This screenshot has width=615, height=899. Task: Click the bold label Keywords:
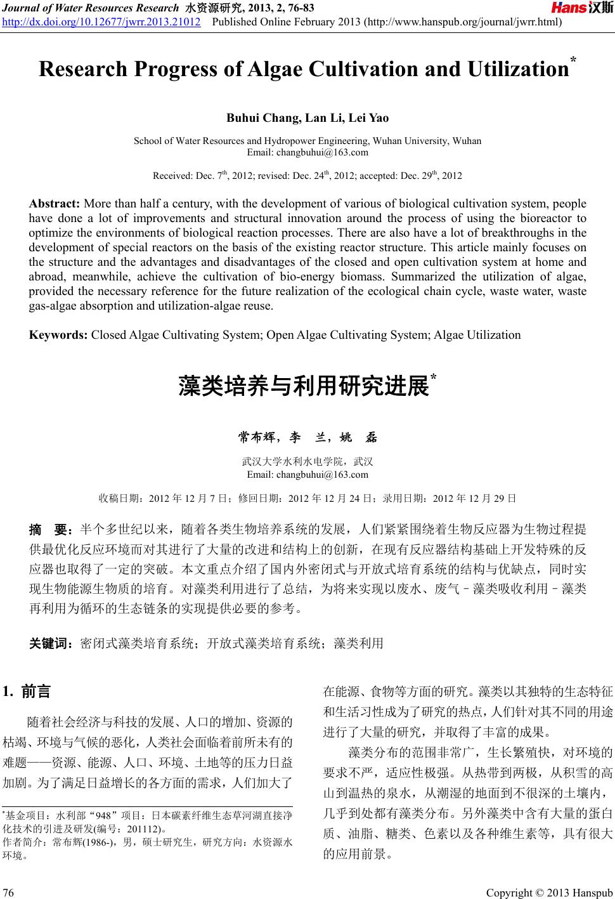[x=59, y=335]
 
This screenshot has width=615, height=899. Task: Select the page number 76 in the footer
[x=10, y=893]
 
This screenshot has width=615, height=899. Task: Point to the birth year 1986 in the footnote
[x=95, y=842]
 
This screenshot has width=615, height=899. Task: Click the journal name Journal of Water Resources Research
[x=90, y=8]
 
